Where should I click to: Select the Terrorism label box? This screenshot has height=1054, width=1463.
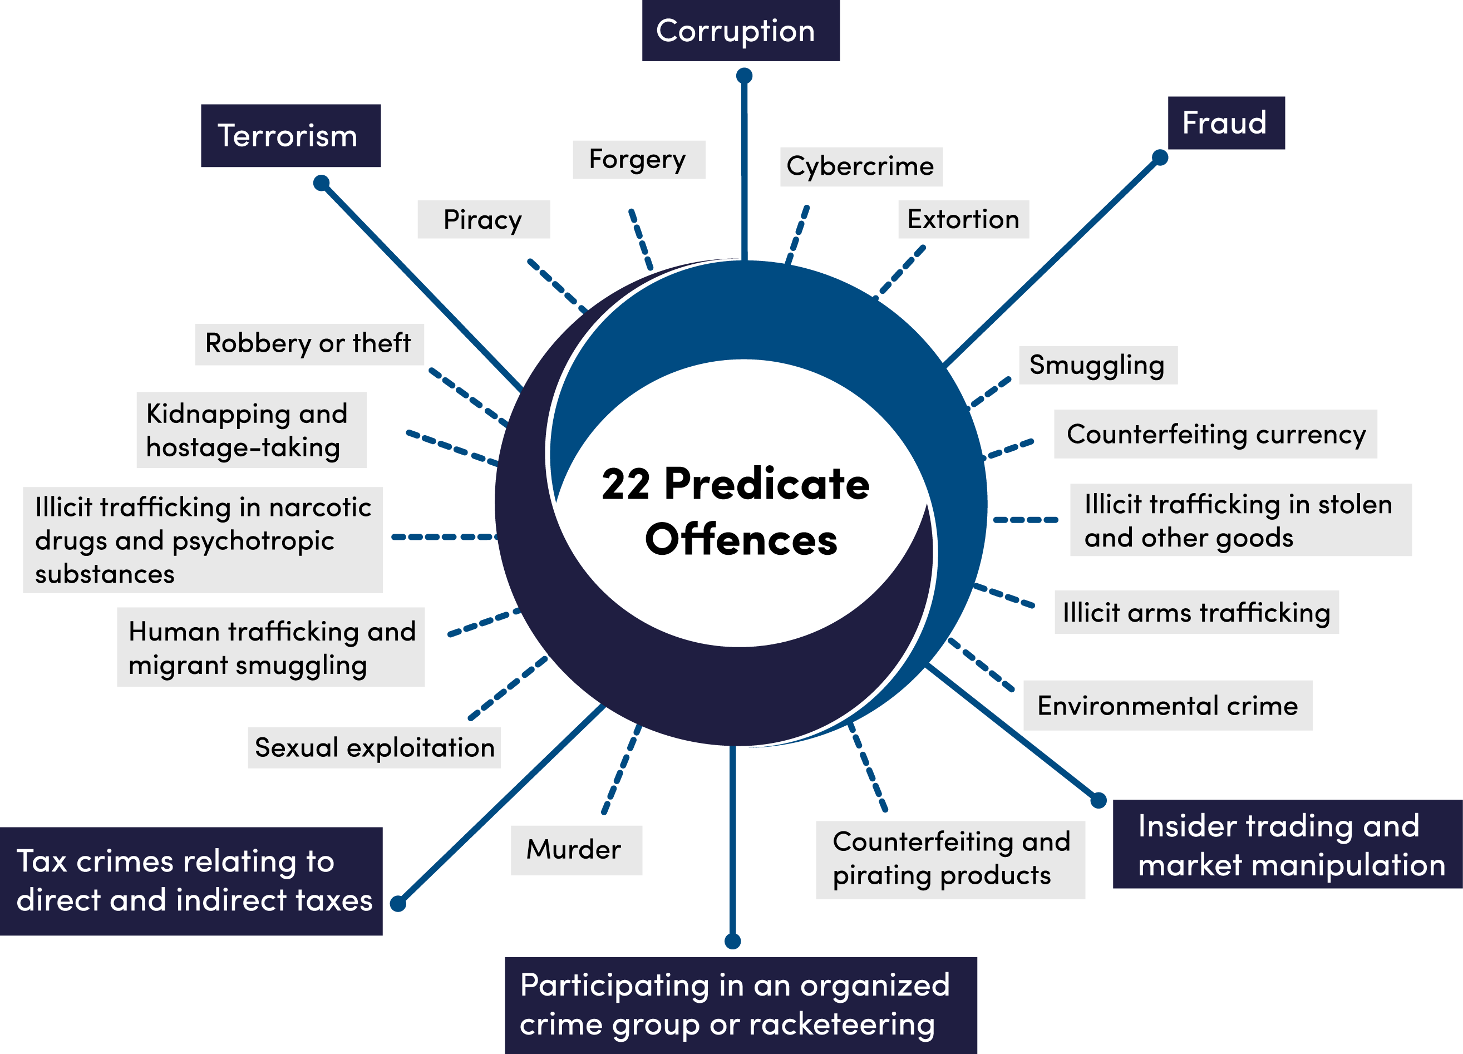click(290, 135)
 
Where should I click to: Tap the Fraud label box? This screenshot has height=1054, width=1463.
click(1225, 122)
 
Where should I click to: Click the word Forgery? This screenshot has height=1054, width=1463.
click(637, 159)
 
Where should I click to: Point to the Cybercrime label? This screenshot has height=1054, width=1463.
click(860, 166)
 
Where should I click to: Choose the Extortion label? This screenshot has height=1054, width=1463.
click(963, 219)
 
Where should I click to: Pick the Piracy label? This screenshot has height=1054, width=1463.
click(483, 219)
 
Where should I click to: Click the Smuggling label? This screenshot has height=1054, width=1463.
click(1097, 365)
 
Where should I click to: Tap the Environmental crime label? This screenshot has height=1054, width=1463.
click(1168, 706)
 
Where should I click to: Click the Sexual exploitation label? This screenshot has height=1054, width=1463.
click(374, 747)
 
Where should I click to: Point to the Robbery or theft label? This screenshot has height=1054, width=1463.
click(308, 344)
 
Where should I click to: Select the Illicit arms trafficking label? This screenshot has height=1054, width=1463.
click(1196, 612)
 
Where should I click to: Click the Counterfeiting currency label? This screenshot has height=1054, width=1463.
click(1216, 434)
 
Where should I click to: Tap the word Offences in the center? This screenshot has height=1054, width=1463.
click(741, 540)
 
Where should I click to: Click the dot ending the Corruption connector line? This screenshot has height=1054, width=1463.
click(745, 76)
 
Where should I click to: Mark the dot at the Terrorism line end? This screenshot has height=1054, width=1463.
click(321, 183)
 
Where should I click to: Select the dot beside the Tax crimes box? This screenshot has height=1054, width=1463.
click(398, 904)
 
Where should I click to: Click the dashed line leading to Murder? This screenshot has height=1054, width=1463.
click(621, 769)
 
